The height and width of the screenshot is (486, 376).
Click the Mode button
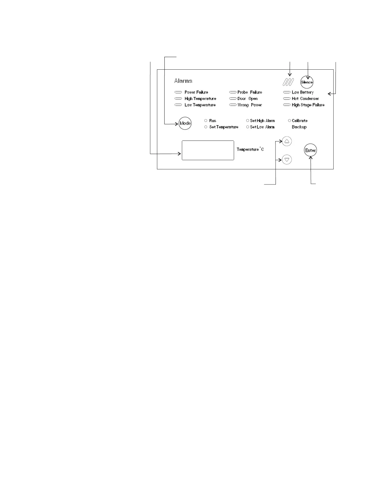(185, 123)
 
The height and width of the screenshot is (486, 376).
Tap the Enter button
(311, 150)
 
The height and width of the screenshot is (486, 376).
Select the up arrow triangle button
(287, 141)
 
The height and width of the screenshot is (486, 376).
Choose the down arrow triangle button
(287, 160)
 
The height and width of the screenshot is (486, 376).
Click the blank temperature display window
(208, 150)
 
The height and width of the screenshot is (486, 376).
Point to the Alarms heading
(183, 81)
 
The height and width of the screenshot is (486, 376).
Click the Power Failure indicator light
(178, 92)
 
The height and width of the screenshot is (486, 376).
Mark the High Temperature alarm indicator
(178, 99)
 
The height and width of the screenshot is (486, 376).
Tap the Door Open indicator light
(233, 99)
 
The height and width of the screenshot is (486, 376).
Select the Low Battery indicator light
(287, 92)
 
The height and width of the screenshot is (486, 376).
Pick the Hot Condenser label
(305, 99)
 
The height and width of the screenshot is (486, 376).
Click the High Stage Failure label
(308, 105)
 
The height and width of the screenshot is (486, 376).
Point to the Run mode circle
(206, 121)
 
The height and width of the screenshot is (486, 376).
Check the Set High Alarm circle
(248, 121)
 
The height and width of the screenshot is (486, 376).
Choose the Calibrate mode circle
(289, 121)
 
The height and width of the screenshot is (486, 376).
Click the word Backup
(299, 127)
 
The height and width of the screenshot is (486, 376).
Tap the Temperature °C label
(250, 149)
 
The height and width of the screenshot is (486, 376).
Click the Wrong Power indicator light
(233, 105)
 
